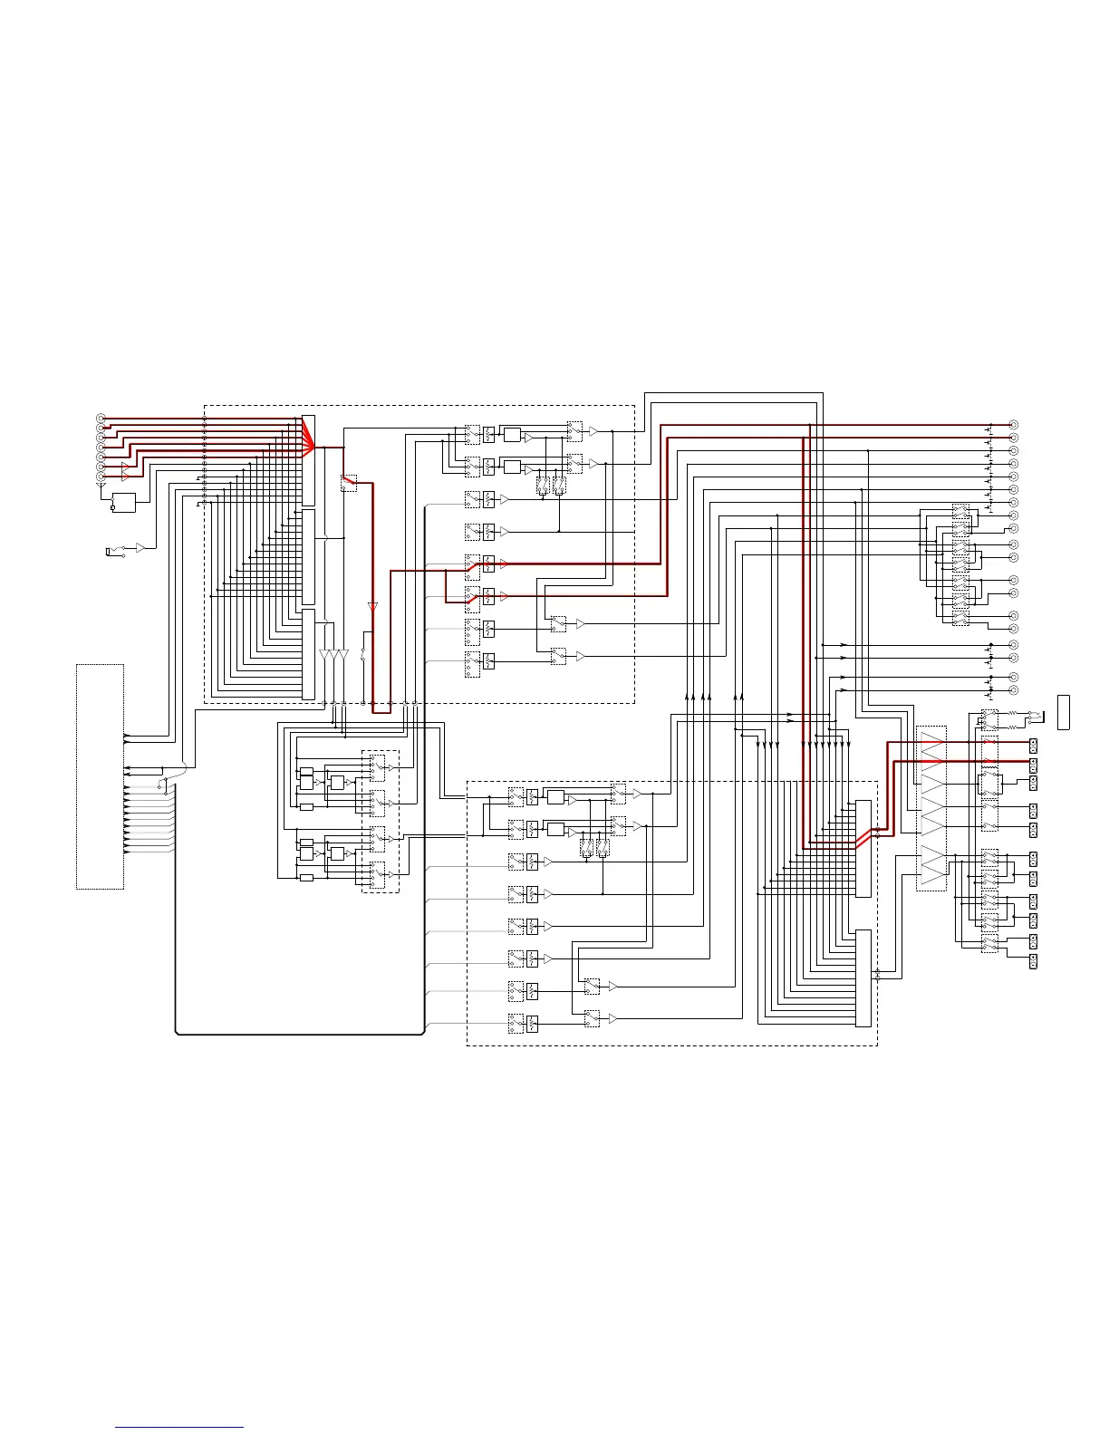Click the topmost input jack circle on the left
(101, 418)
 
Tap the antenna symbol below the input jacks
(100, 486)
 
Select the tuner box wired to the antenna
(123, 503)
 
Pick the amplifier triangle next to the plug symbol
(140, 548)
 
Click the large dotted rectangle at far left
(100, 776)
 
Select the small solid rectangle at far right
(1064, 711)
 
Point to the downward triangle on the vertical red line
(372, 606)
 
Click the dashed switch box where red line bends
(349, 483)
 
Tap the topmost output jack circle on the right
(1014, 425)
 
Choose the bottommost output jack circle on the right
(1014, 690)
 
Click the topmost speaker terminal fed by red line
(1033, 745)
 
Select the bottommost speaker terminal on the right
(1033, 961)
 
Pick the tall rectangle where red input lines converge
(309, 460)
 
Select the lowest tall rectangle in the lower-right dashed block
(863, 978)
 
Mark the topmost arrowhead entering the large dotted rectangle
(127, 736)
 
